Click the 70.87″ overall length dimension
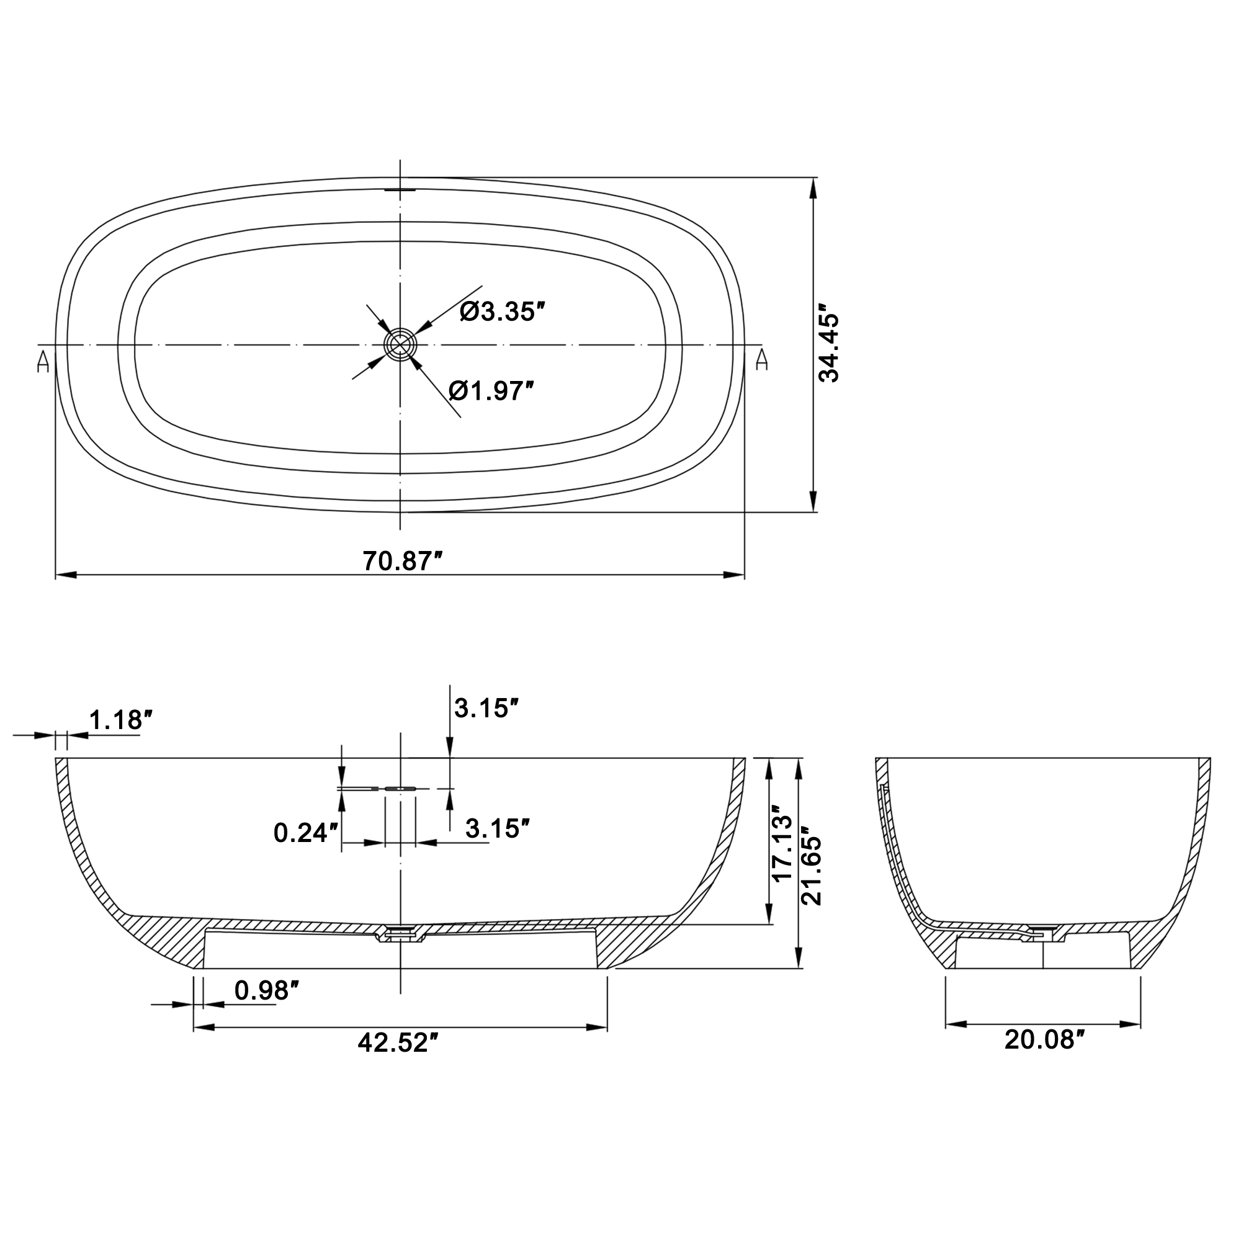coord(403,562)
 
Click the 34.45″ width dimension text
coord(828,347)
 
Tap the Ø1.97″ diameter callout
coord(491,390)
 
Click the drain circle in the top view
coord(400,345)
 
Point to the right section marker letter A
coord(762,360)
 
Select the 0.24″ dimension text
coord(305,834)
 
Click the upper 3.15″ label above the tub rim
coord(486,709)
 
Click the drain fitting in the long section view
coord(400,933)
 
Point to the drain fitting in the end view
coord(1043,933)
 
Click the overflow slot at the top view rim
coord(401,189)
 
